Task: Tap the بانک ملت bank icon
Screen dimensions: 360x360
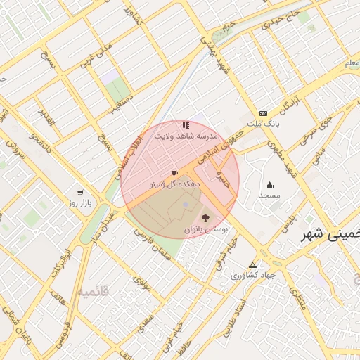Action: pos(263,113)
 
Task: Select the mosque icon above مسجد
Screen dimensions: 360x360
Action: pos(269,186)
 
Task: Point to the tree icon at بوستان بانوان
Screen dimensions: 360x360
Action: pos(205,218)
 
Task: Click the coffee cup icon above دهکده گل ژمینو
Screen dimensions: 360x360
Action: pos(175,173)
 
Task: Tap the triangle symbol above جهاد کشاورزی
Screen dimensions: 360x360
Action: pos(253,266)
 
